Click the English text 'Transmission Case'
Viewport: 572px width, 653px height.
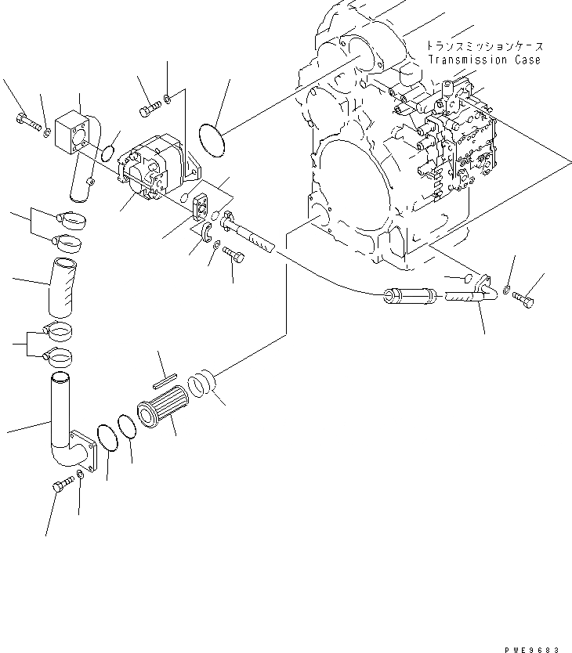click(483, 60)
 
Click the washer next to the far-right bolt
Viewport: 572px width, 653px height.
click(507, 290)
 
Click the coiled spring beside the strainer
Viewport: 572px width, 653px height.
click(202, 383)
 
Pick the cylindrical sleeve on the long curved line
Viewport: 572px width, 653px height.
click(404, 298)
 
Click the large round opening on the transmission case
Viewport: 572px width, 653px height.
click(348, 171)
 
